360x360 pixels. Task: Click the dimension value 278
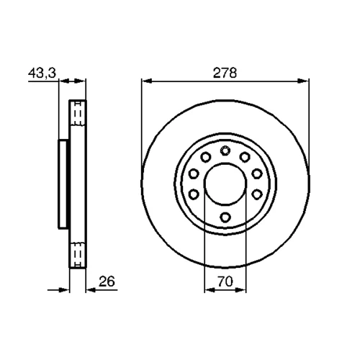(225, 73)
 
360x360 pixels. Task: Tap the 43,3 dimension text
(42, 73)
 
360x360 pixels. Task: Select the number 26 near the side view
(107, 282)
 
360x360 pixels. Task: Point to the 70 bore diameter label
(225, 282)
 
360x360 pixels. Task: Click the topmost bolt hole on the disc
(225, 150)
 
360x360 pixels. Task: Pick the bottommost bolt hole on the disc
(225, 217)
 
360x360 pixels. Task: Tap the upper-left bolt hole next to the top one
(205, 157)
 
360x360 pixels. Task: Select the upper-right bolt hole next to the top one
(245, 157)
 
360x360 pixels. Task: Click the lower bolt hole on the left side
(194, 194)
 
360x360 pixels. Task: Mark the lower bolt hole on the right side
(257, 194)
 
